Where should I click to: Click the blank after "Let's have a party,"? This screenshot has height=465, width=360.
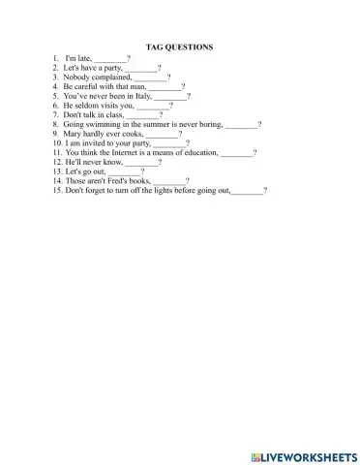pos(142,69)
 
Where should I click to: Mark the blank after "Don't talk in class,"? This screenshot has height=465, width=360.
pos(142,116)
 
